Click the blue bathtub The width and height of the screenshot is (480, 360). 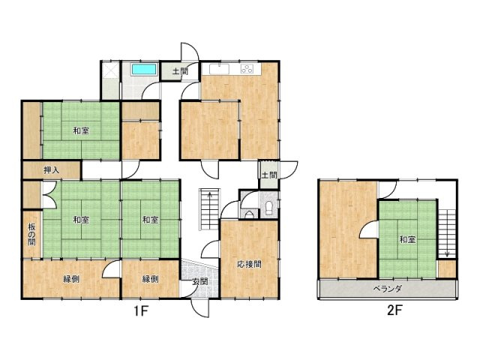click(x=144, y=69)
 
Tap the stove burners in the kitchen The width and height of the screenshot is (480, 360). click(x=247, y=69)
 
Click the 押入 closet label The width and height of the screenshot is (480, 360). click(x=52, y=170)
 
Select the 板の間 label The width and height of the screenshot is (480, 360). click(x=31, y=235)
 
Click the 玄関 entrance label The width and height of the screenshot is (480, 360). click(x=200, y=281)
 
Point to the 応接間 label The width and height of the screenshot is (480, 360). click(x=250, y=264)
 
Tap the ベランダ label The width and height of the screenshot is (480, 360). click(x=387, y=289)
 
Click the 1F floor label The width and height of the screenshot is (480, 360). click(x=141, y=311)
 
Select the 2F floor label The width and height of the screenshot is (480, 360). click(x=394, y=310)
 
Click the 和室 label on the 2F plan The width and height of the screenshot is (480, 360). click(x=407, y=239)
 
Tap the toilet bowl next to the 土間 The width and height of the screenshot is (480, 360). click(x=269, y=208)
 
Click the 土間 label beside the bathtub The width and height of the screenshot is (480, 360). click(x=180, y=72)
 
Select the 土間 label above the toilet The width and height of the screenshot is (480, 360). click(x=269, y=175)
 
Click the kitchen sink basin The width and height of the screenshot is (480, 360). click(x=219, y=69)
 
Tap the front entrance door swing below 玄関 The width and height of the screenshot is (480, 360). click(x=200, y=307)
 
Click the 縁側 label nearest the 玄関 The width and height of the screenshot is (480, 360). click(x=150, y=279)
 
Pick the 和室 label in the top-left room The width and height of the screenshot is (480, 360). click(x=81, y=131)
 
